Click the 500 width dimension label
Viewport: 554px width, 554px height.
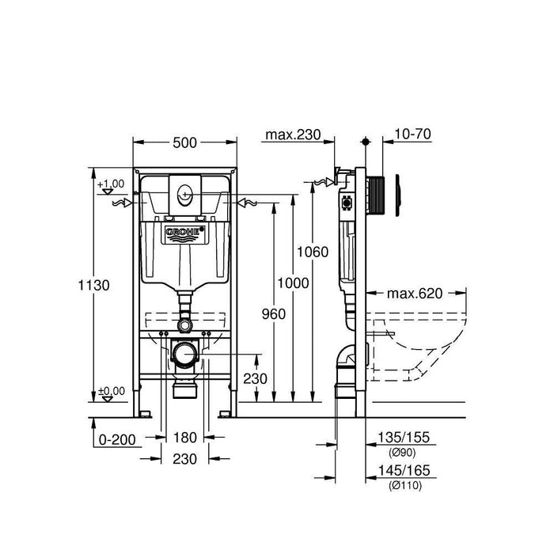[185, 143]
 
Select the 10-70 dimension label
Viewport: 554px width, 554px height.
[412, 135]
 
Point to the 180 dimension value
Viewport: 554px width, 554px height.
[185, 438]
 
